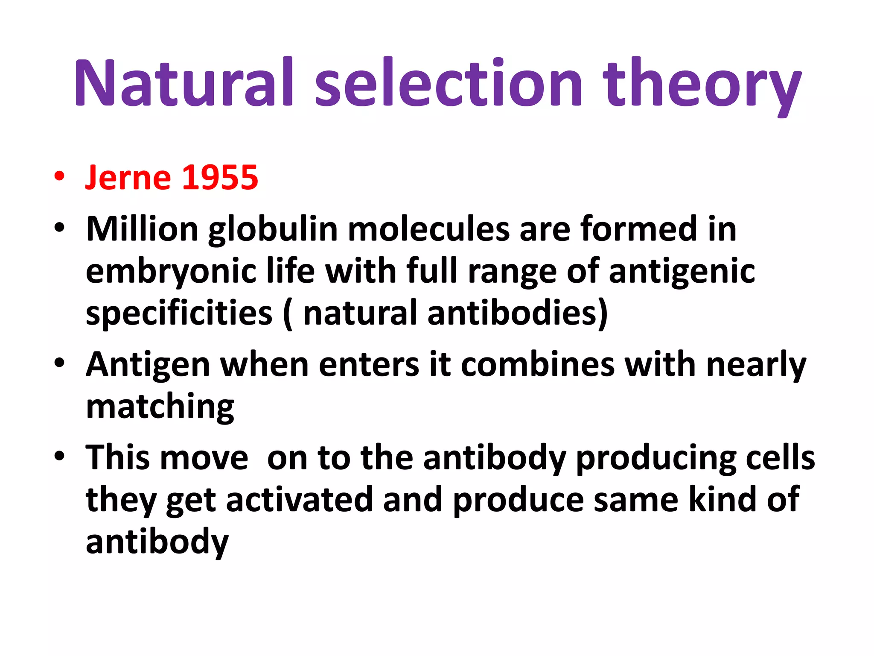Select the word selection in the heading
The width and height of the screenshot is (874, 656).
[448, 82]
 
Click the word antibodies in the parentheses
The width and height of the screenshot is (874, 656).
[512, 313]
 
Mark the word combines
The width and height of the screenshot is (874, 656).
[537, 365]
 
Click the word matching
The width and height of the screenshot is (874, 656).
[160, 407]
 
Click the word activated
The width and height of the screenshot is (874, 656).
[299, 500]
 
